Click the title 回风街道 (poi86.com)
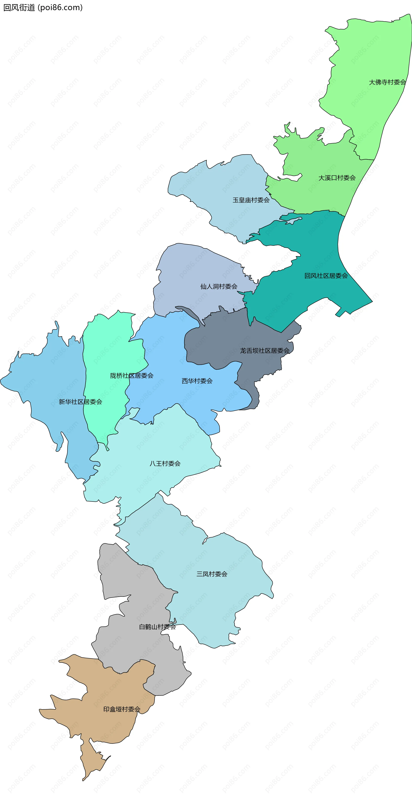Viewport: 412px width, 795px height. tap(43, 8)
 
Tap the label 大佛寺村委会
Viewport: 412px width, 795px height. tap(387, 82)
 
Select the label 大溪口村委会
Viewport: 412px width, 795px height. tap(337, 178)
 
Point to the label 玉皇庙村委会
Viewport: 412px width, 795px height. tap(251, 200)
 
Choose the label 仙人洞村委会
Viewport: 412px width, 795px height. tap(219, 286)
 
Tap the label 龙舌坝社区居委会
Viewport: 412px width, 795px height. tap(265, 351)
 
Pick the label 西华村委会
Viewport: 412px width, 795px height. tap(197, 381)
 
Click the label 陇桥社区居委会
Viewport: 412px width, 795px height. tap(132, 376)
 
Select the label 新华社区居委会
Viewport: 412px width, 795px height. tap(80, 402)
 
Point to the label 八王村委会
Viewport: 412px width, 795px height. tap(165, 463)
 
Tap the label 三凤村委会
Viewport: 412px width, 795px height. tap(212, 574)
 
